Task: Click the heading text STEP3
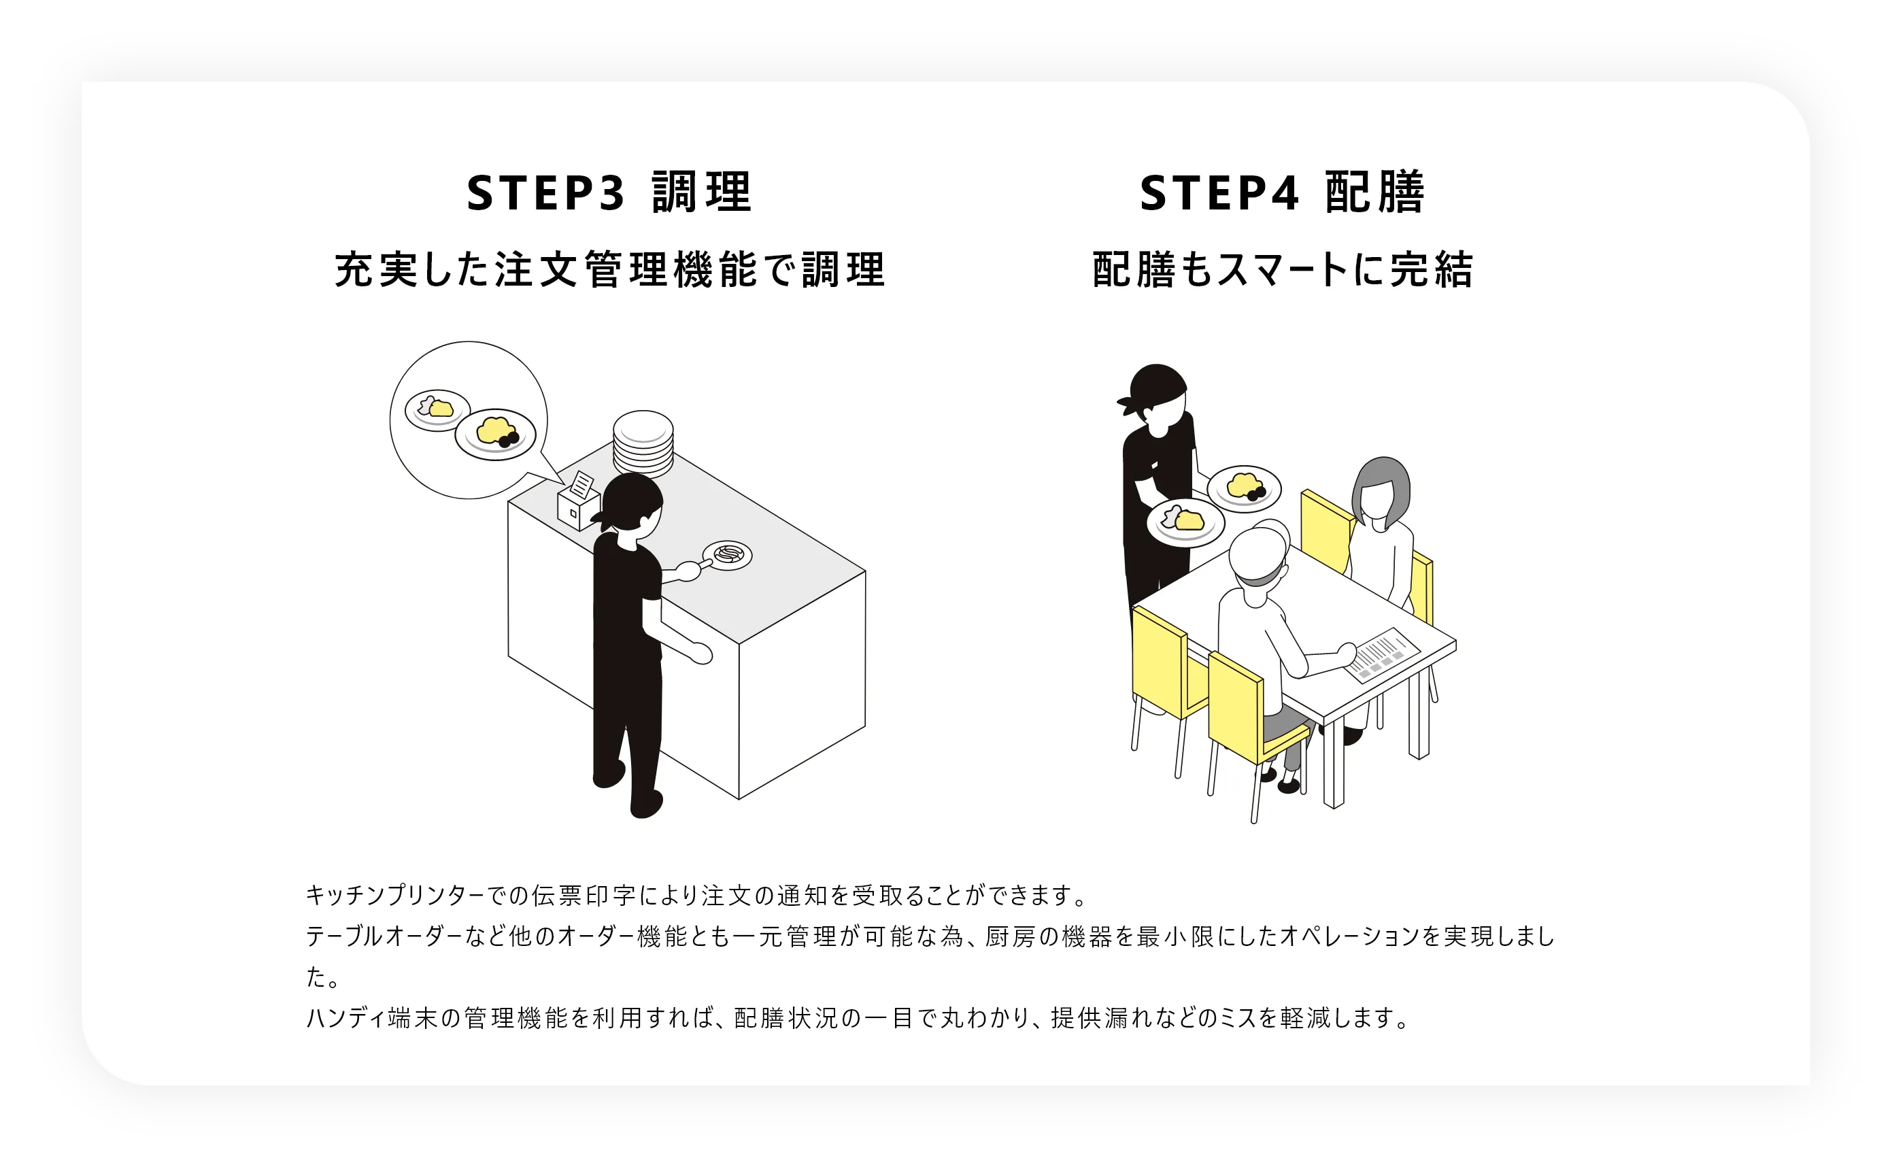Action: coord(545,193)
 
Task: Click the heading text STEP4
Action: coord(1219,193)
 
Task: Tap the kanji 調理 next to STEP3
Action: coord(700,193)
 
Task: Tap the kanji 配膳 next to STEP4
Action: coord(1374,193)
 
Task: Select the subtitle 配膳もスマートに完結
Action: coord(1283,270)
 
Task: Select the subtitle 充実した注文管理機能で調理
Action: coord(609,270)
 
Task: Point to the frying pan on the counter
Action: coord(726,556)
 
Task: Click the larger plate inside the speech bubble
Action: coord(495,434)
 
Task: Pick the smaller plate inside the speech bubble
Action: coord(437,409)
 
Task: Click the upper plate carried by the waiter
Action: coord(1243,488)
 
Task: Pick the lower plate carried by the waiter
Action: coord(1185,522)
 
